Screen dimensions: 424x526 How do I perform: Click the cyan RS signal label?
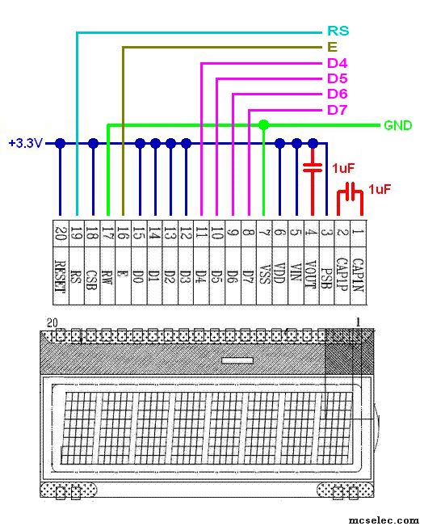point(338,31)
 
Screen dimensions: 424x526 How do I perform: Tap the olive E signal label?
point(332,47)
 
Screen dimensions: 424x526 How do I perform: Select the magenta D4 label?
point(338,63)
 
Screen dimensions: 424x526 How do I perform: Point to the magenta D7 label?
point(338,110)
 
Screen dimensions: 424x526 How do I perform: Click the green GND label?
point(398,125)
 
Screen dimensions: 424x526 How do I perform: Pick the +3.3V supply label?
point(26,143)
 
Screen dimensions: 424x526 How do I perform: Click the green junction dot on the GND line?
point(264,125)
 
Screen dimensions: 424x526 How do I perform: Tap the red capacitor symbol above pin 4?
point(313,167)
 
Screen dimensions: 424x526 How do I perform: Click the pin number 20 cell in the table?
point(61,234)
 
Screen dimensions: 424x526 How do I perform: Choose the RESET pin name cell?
point(61,276)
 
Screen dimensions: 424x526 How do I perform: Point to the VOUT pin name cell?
point(312,276)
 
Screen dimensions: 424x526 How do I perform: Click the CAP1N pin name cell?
point(359,276)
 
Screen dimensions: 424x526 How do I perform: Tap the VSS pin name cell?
point(264,276)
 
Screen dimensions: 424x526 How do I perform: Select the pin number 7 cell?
point(264,234)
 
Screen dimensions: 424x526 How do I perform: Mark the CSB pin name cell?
point(92,276)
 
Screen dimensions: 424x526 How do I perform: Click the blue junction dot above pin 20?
point(60,143)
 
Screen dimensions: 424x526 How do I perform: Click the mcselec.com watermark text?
point(384,520)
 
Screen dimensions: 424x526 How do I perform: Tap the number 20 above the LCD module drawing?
point(52,323)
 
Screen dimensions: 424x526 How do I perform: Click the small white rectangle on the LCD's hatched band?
point(237,360)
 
